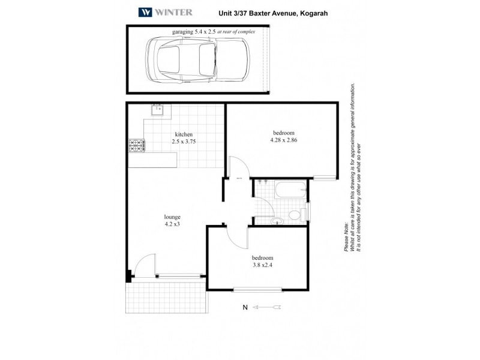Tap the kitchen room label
coord(184,134)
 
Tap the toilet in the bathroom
coord(295,215)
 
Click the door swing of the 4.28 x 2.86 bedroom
coord(238,168)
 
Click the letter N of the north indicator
coord(244,308)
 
